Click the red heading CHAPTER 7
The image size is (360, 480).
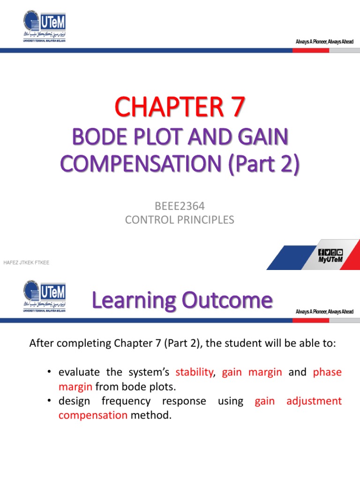180,107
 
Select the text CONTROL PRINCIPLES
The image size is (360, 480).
180,219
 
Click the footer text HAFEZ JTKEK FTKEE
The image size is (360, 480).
26,262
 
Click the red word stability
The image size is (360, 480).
194,372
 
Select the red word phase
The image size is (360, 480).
327,372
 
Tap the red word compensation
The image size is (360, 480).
93,415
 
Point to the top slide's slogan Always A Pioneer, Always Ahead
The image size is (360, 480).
324,42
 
